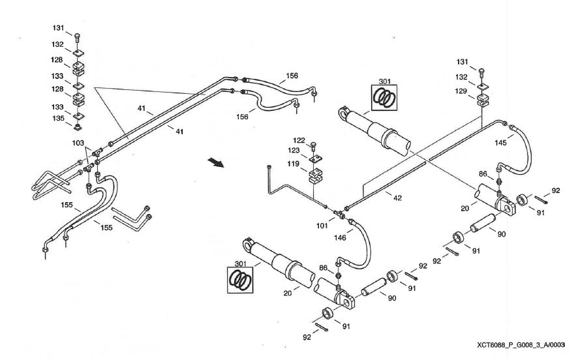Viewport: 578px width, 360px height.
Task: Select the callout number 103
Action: click(x=79, y=142)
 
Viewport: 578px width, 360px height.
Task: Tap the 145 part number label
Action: click(x=500, y=143)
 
